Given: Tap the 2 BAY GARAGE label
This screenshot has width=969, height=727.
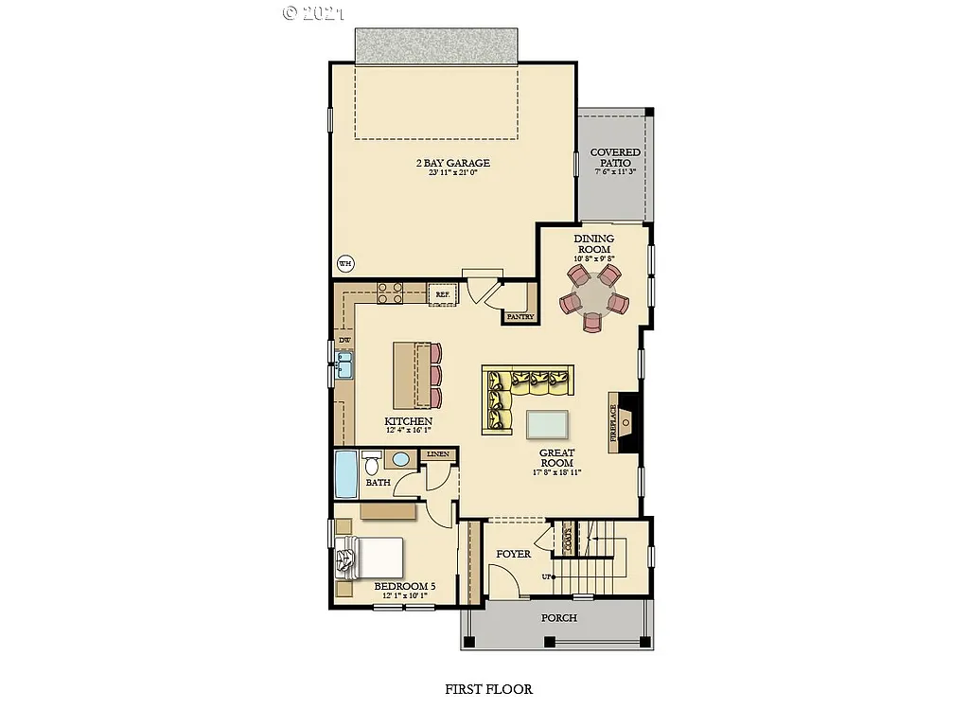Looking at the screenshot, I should (x=453, y=163).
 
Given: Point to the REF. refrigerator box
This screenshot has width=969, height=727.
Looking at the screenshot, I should (x=441, y=294).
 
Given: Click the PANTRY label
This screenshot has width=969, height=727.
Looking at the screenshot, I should (x=520, y=317).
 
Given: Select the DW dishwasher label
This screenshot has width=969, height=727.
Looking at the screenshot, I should (x=344, y=340).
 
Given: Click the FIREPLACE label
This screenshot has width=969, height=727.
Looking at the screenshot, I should (x=613, y=423).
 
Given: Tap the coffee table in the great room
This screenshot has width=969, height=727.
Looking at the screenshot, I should (x=547, y=423).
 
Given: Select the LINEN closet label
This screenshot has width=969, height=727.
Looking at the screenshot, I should (x=438, y=454).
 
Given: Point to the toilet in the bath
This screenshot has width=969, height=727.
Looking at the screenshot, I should (x=371, y=464).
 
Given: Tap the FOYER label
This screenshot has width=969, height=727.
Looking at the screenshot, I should (x=514, y=554).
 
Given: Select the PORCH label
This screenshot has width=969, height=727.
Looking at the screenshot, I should (x=558, y=617).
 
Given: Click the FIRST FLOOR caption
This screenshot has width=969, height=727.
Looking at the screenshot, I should (x=488, y=689).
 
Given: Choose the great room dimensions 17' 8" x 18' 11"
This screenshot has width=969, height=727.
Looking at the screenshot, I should (x=556, y=471).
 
